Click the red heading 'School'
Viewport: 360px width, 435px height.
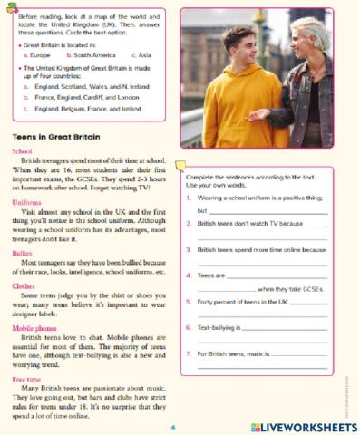click(x=24, y=151)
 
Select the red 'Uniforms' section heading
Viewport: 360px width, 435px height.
click(x=27, y=202)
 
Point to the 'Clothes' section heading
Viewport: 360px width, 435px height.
click(x=24, y=285)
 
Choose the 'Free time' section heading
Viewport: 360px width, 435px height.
click(x=27, y=378)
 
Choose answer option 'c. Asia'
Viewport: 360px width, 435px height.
click(x=140, y=55)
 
